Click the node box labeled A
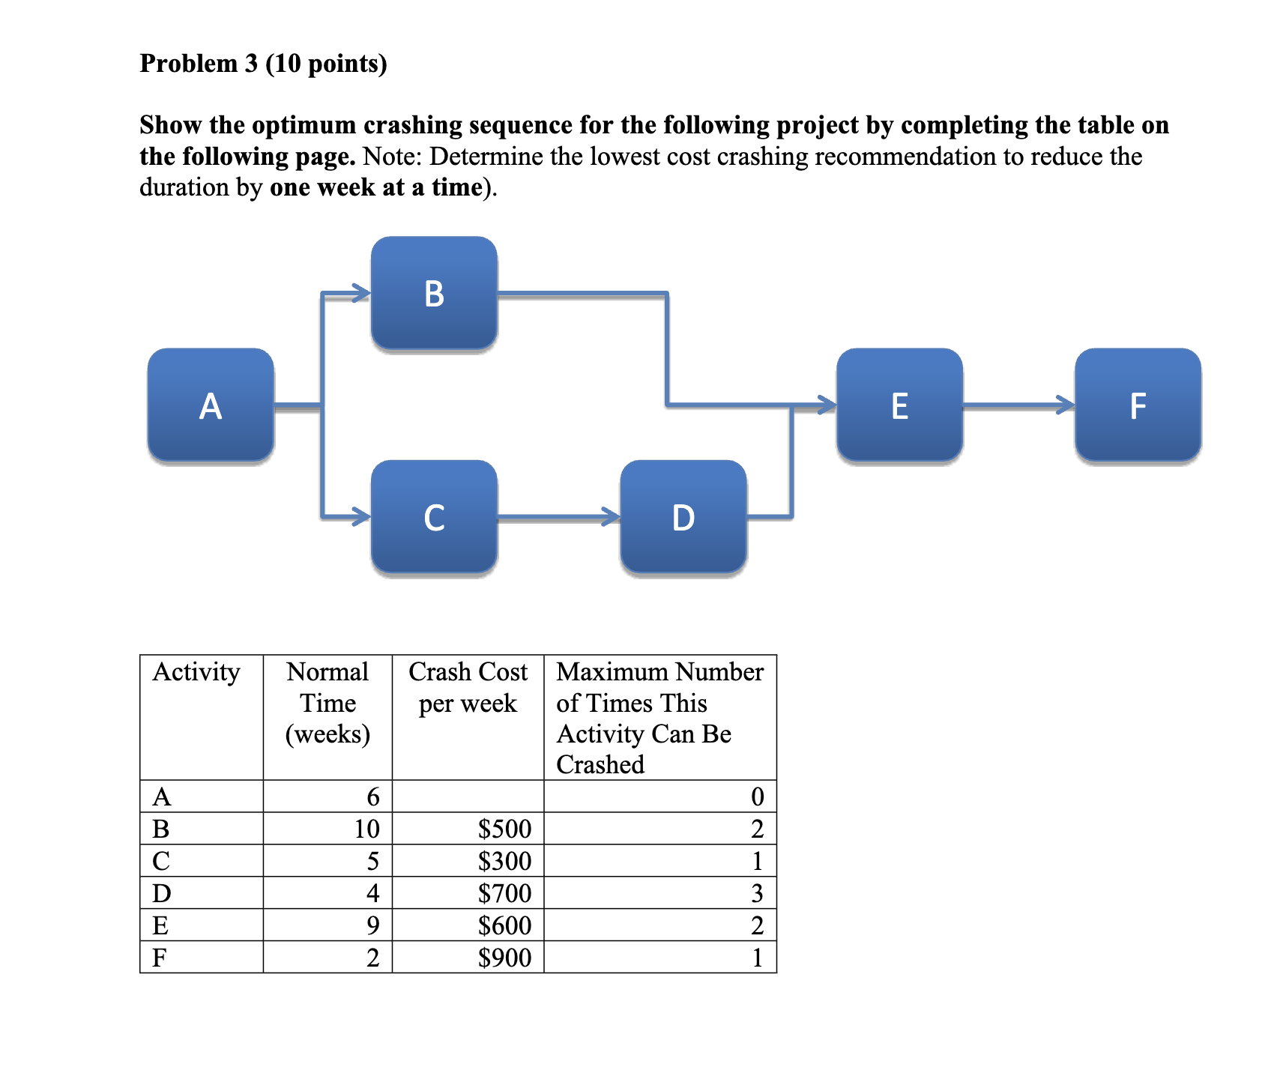211,405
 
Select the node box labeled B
434,293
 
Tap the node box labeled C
434,517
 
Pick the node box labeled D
683,517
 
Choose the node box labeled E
899,405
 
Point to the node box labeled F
1138,405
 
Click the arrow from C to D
558,517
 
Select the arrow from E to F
1018,405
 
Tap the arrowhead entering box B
362,293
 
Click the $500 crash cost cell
504,829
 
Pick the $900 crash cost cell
504,958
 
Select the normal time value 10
366,829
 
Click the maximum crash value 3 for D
757,893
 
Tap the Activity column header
196,672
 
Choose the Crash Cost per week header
468,687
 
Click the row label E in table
160,925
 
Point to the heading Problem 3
263,64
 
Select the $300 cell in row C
504,861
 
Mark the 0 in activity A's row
757,797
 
